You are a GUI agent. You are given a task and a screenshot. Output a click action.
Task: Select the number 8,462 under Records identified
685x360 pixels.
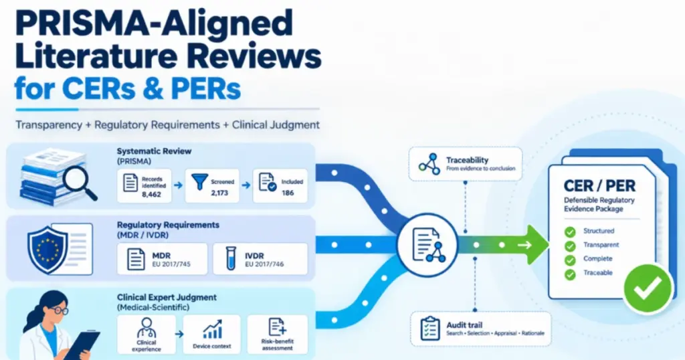[x=151, y=195]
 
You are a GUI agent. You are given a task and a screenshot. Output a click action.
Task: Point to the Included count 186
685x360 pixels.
[x=288, y=193]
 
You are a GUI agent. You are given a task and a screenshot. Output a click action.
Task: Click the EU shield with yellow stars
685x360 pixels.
[x=47, y=250]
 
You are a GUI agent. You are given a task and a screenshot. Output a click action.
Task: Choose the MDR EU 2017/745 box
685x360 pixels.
[x=162, y=259]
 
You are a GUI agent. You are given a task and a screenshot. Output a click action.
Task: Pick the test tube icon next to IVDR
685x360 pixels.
[x=231, y=259]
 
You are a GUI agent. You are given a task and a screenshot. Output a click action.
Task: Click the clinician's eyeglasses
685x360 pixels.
[x=59, y=310]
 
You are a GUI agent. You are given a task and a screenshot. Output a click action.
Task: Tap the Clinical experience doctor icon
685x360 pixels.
[x=146, y=328]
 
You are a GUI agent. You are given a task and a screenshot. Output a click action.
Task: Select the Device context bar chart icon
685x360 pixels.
[x=213, y=330]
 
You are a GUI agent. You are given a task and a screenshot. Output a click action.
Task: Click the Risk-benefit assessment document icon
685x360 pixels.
[x=277, y=327]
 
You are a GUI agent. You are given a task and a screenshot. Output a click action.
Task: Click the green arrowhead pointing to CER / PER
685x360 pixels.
[x=537, y=245]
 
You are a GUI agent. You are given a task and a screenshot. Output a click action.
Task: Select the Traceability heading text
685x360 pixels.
[x=467, y=160]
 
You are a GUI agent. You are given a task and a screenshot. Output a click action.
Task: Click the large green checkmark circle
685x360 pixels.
[x=648, y=288]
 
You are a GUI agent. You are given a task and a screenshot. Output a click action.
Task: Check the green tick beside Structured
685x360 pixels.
[x=570, y=232]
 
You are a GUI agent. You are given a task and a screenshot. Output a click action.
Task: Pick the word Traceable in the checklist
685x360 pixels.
[x=597, y=272]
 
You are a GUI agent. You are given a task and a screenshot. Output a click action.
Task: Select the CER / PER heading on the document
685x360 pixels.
[x=599, y=185]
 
